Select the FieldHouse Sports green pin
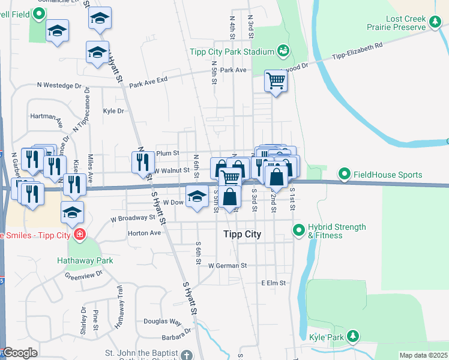tap(345, 175)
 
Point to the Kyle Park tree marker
tap(354, 337)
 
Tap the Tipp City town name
tap(242, 234)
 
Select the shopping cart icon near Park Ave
tap(276, 80)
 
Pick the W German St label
tap(228, 265)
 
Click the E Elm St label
tap(275, 283)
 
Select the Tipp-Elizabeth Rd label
tap(358, 53)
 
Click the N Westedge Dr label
tap(59, 86)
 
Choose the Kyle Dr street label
tap(113, 111)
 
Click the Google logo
tap(19, 353)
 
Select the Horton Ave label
tap(145, 233)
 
